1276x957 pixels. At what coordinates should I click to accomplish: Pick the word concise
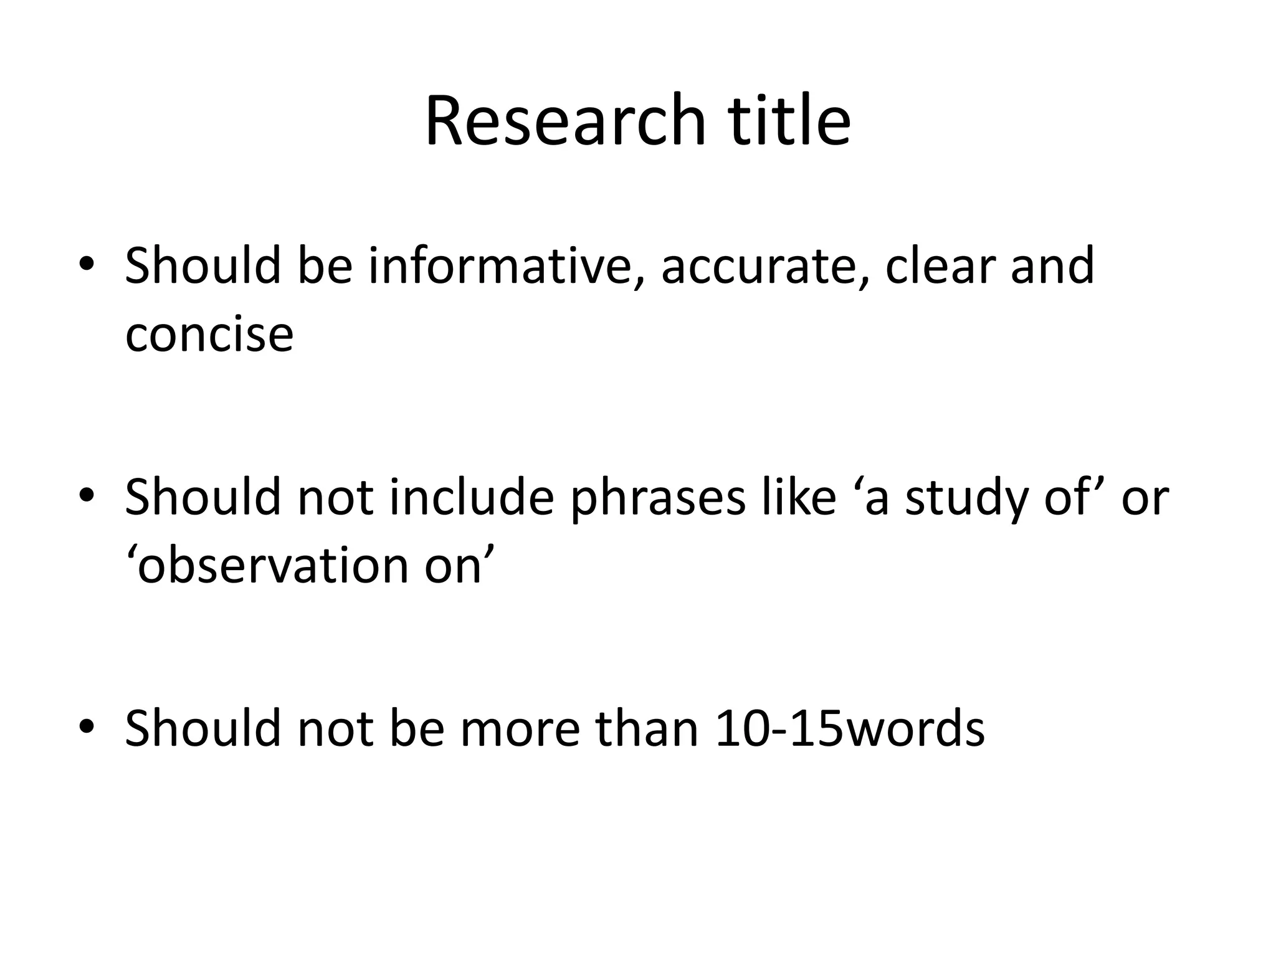click(209, 335)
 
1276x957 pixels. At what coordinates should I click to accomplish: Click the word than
click(647, 728)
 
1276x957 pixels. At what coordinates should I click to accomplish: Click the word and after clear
click(1052, 266)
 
